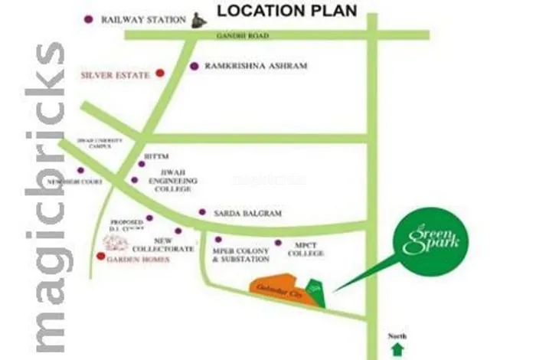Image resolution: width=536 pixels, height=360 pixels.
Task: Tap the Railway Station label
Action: click(x=143, y=20)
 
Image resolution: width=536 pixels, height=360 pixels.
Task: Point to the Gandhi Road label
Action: click(x=252, y=36)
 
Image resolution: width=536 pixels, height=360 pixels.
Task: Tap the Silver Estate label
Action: click(x=116, y=75)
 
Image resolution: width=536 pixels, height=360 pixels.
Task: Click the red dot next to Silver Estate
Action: click(x=159, y=74)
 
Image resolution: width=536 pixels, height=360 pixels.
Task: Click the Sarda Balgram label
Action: click(x=238, y=212)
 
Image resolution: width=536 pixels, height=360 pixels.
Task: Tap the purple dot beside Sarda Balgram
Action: click(x=202, y=212)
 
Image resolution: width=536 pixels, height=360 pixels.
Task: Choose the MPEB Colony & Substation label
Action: click(x=240, y=254)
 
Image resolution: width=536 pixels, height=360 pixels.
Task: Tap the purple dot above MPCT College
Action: click(x=278, y=243)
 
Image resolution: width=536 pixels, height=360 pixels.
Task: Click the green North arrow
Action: click(x=397, y=349)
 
